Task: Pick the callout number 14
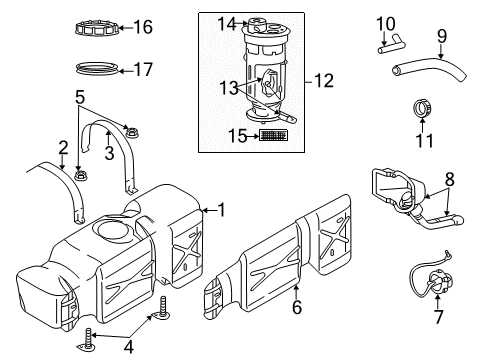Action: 227,23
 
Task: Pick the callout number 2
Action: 62,148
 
